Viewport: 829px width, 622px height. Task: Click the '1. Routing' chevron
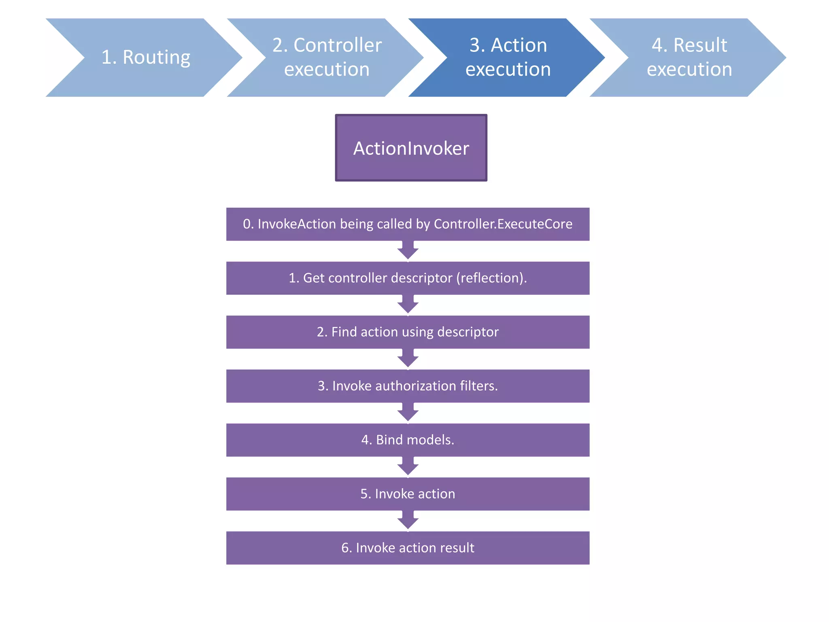(x=146, y=58)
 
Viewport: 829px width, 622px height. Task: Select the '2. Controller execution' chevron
(x=326, y=58)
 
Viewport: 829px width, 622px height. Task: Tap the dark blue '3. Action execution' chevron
(x=508, y=58)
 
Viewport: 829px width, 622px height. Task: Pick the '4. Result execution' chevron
(x=689, y=58)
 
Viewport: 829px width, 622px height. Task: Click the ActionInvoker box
(x=411, y=148)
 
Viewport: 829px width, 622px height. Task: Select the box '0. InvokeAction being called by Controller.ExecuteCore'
(x=408, y=224)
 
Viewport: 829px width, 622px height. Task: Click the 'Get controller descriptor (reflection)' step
(x=408, y=278)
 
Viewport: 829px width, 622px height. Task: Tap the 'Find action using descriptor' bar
(x=408, y=332)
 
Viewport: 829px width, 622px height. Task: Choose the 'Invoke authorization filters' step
(x=408, y=386)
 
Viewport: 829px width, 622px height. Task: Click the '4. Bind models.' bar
(x=408, y=440)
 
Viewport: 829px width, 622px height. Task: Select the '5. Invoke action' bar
(x=408, y=494)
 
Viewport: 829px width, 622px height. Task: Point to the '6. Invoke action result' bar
(x=408, y=547)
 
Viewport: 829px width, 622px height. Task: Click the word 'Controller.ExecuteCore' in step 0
(x=503, y=224)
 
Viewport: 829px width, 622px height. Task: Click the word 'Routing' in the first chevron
(x=156, y=58)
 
